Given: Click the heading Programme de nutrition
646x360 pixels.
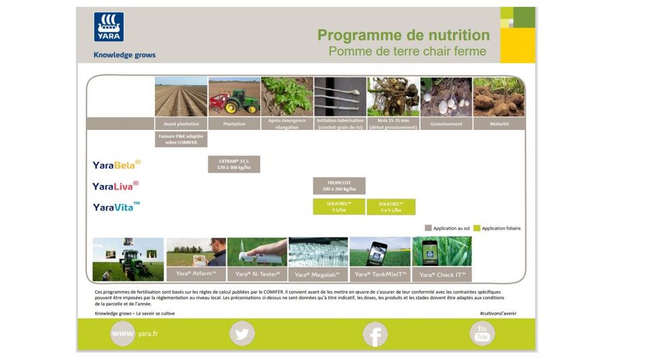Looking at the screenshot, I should pos(403,35).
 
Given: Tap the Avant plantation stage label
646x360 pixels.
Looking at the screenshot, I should pos(181,124).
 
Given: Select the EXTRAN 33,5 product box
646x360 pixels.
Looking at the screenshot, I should pos(233,164).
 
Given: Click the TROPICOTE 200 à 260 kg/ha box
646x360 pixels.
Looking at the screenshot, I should pos(339,186).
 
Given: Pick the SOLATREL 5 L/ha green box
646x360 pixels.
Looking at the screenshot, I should pos(339,206).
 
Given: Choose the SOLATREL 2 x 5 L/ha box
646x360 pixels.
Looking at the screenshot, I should pos(391,206).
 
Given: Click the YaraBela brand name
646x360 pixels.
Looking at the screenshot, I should pos(116,164).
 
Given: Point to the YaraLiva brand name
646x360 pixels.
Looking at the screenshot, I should pos(116,185).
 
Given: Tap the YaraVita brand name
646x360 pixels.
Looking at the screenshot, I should pos(117,207).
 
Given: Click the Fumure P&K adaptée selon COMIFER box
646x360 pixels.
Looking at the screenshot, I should pos(181,139).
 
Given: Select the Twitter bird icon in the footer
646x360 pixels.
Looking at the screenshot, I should pos(241,334).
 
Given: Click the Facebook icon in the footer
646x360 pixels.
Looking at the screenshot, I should pos(375,334).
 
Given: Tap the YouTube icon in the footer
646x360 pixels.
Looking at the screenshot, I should pos(482,333).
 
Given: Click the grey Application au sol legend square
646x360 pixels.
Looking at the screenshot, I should pos(428,228).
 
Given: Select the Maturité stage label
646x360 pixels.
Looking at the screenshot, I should pos(499,124).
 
